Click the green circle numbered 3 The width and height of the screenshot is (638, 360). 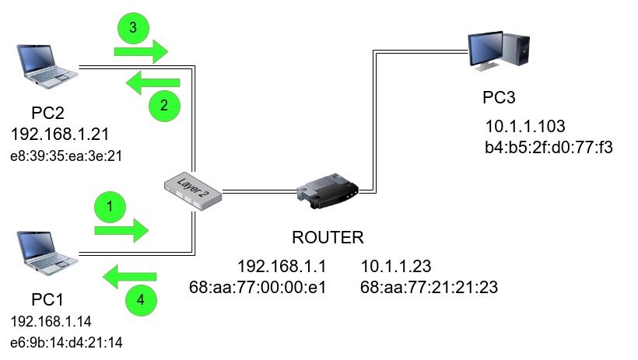[x=133, y=28]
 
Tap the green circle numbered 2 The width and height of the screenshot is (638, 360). [x=163, y=107]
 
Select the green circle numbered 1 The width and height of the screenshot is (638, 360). [x=110, y=207]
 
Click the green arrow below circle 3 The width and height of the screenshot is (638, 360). [x=141, y=52]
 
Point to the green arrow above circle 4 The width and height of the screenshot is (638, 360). [x=131, y=274]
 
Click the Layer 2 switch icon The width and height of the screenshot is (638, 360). [x=194, y=190]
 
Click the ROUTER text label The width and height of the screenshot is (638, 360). [x=328, y=237]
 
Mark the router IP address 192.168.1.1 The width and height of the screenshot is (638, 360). [x=282, y=266]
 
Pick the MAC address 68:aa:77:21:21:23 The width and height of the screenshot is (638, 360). [x=429, y=288]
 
